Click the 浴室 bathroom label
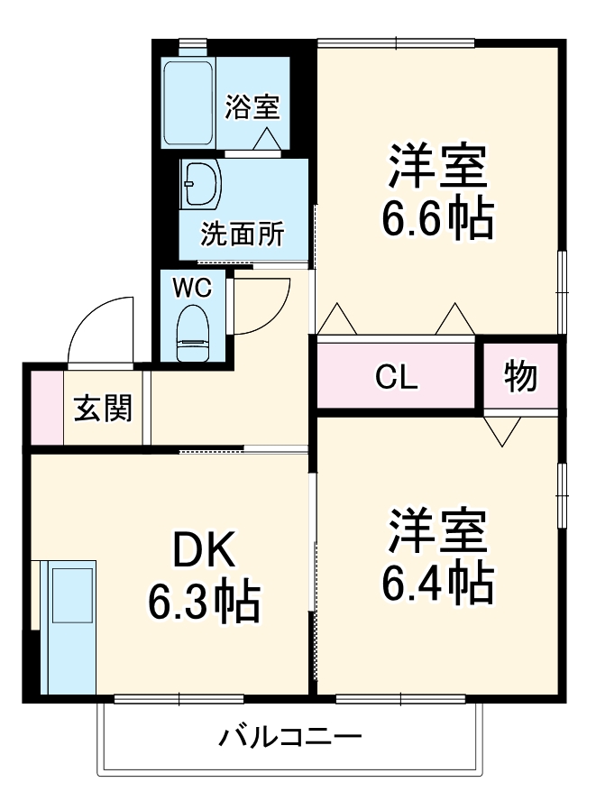tap(252, 107)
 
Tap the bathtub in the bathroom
tap(188, 104)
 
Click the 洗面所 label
tap(243, 234)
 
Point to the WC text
tap(192, 289)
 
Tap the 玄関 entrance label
tap(104, 408)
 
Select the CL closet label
tap(396, 377)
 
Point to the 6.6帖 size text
tap(437, 219)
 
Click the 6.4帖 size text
tap(437, 584)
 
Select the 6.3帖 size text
tap(204, 603)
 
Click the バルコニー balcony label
tap(290, 737)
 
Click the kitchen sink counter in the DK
tap(69, 627)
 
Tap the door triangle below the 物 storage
tap(502, 432)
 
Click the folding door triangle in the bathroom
tap(267, 140)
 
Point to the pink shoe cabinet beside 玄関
tap(47, 408)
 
